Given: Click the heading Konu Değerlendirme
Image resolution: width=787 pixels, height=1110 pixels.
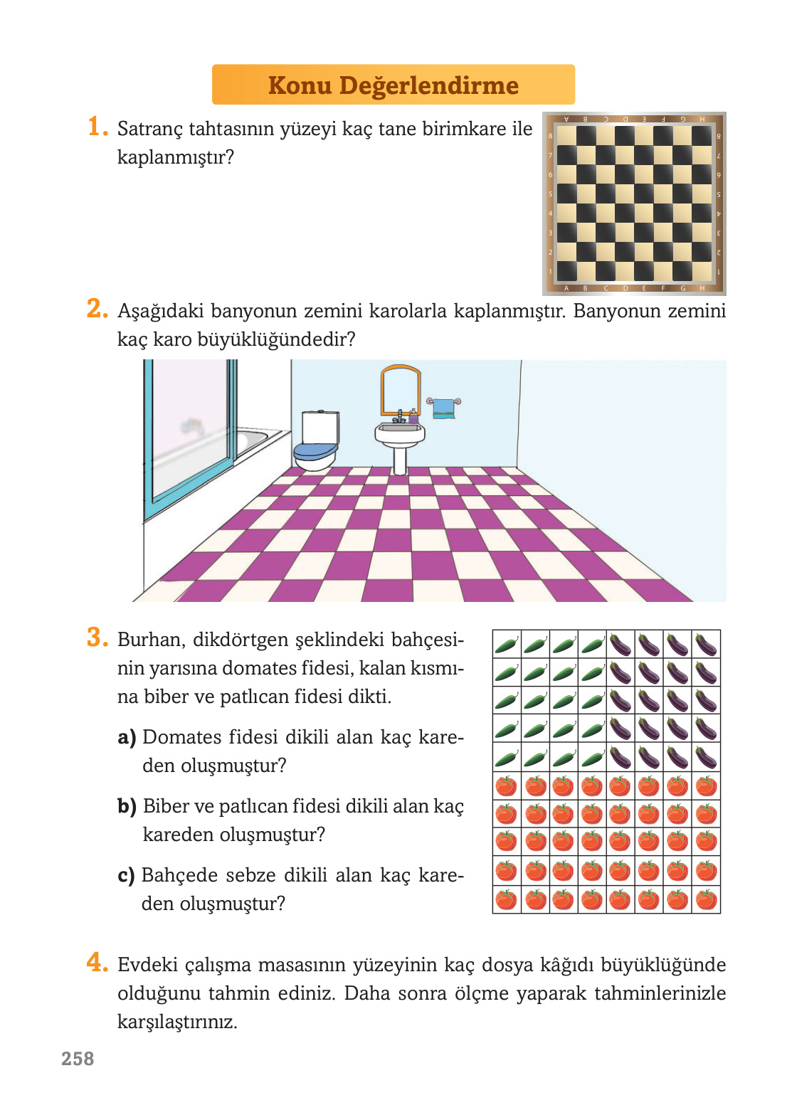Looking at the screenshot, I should [393, 85].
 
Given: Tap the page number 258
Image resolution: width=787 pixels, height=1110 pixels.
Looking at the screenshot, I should [78, 1059].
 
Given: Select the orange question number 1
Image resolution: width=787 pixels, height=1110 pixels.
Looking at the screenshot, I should [96, 127].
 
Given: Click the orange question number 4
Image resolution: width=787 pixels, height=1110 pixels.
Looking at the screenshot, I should [96, 963].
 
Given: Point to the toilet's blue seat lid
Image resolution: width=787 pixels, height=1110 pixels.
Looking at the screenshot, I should [315, 450].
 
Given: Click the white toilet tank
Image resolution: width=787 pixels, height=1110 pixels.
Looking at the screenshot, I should [320, 427].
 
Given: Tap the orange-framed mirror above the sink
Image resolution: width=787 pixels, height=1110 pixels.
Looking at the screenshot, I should [400, 390].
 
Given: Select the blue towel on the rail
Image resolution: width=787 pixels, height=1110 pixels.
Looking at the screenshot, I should [444, 408].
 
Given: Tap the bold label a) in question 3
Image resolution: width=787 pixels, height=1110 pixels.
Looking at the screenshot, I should [127, 737].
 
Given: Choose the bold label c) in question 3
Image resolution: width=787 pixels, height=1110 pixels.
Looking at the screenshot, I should [126, 875].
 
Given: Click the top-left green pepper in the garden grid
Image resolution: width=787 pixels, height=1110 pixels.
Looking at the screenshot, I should [506, 645].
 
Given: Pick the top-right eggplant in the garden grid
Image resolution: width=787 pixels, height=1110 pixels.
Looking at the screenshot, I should [706, 645].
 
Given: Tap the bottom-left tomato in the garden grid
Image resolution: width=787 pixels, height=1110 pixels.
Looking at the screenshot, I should [506, 899].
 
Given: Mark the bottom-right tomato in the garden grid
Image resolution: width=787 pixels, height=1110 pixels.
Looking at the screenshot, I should [706, 899].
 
